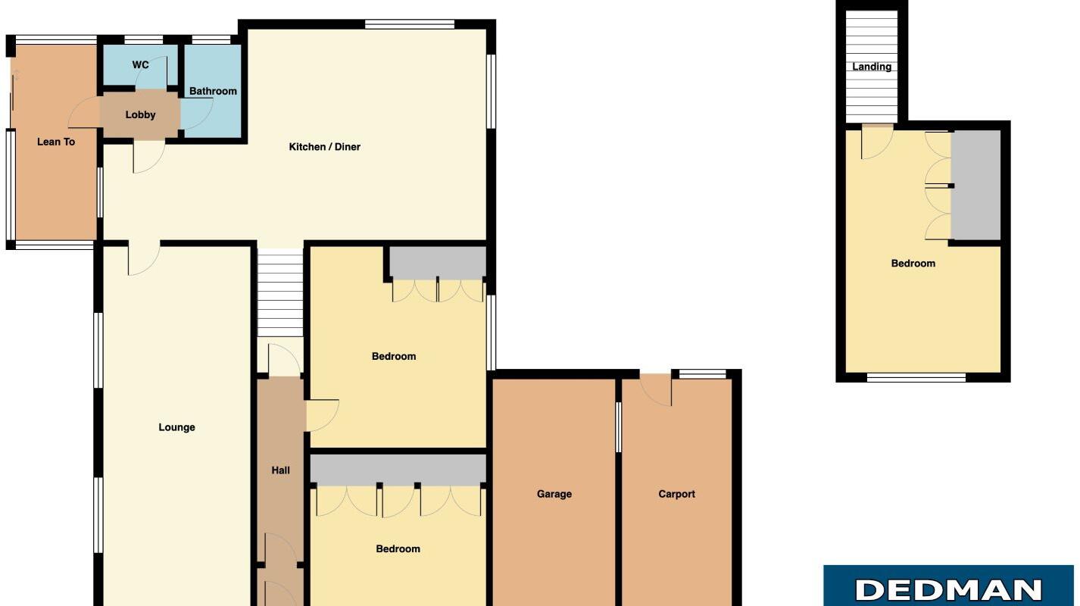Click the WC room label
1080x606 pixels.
click(x=141, y=65)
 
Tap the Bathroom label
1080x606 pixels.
click(x=213, y=92)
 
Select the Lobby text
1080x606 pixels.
click(x=140, y=115)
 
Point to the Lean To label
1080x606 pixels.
click(x=56, y=142)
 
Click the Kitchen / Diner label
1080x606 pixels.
click(x=324, y=147)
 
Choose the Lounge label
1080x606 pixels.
click(x=176, y=427)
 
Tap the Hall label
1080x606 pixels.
click(x=280, y=470)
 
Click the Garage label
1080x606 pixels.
click(x=554, y=494)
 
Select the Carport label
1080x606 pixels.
click(x=676, y=494)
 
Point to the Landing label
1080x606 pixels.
click(x=872, y=67)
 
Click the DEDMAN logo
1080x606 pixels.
click(x=948, y=589)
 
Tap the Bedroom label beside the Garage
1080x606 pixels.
click(x=398, y=549)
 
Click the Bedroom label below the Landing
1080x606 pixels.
click(x=913, y=264)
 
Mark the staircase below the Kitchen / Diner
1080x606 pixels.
click(x=280, y=294)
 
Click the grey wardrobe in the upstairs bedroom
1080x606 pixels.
click(x=975, y=186)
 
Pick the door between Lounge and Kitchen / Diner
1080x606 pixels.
click(x=143, y=258)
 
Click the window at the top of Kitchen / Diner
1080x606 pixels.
click(x=409, y=24)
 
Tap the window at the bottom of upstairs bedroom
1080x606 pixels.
click(x=916, y=377)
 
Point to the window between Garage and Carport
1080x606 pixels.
click(x=618, y=427)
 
